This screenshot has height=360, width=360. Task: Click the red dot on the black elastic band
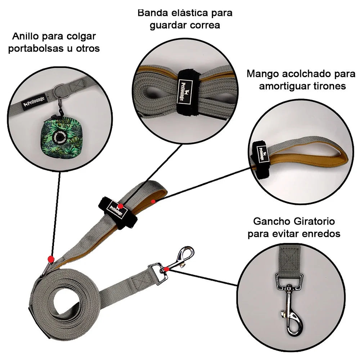pos(120,206)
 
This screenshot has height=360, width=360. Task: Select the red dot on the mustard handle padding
pos(153,201)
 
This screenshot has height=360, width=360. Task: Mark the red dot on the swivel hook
pos(167,269)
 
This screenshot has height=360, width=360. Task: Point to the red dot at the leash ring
pos(51,259)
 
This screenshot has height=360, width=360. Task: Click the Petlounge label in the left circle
pos(34,102)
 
